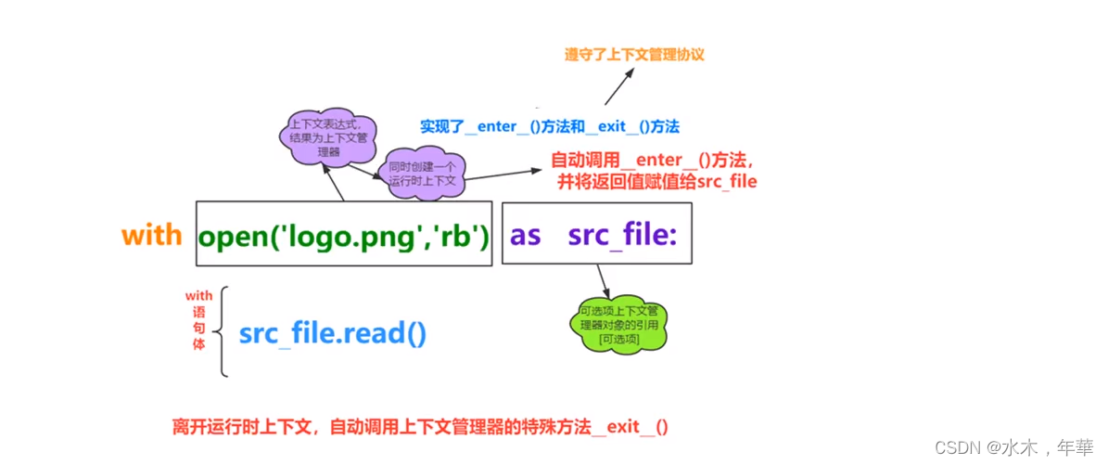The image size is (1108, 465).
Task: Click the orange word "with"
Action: tap(151, 235)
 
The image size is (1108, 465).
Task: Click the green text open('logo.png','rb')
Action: tap(343, 236)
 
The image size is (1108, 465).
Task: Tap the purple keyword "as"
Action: tap(525, 236)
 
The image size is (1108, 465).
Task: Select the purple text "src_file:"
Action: tap(623, 236)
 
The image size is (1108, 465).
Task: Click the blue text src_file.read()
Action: tap(333, 333)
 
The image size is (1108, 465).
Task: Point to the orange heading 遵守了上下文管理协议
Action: tap(634, 55)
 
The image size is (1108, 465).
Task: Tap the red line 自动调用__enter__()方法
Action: tap(658, 160)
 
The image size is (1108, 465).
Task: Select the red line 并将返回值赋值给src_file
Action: tap(656, 182)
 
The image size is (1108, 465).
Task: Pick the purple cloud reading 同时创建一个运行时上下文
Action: tap(423, 174)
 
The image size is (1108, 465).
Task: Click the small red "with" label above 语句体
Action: tap(198, 296)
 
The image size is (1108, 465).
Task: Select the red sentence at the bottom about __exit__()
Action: tap(419, 427)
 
